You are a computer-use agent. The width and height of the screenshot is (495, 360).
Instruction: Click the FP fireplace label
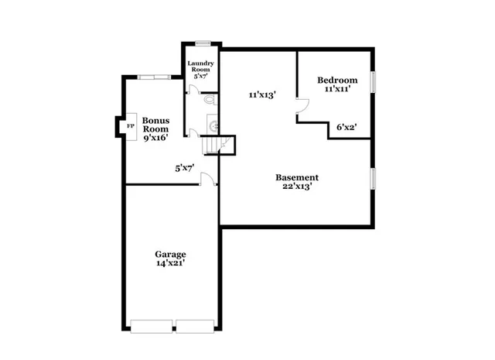coord(129,125)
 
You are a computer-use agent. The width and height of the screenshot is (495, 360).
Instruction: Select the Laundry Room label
coord(200,67)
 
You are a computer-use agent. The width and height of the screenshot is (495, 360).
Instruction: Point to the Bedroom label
coord(337,81)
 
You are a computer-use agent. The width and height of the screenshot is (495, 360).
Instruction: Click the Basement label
coord(297,177)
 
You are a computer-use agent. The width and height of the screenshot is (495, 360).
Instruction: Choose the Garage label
coord(170,254)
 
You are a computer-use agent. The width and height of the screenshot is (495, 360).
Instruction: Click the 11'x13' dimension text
coord(263,94)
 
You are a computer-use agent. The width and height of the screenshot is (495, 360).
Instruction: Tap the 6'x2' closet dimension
coord(346,125)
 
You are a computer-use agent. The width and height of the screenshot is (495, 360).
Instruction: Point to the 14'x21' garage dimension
coord(170,264)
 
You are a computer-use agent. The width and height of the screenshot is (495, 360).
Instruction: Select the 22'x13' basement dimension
coord(297,187)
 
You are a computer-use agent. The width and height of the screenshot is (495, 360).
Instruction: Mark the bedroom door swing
coord(303,115)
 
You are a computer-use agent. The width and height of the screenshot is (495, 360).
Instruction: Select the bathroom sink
coord(213,125)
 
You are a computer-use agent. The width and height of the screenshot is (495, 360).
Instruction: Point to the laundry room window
coord(203,43)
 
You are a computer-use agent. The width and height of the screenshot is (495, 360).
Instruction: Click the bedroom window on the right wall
coord(374,81)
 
